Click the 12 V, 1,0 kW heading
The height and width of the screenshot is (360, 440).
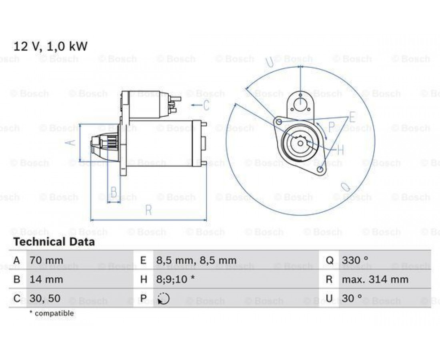click(50, 46)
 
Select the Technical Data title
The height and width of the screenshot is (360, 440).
click(54, 242)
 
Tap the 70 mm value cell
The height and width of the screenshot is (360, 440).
click(46, 260)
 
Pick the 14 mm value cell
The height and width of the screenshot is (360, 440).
click(46, 280)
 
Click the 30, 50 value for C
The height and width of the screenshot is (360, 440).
click(45, 298)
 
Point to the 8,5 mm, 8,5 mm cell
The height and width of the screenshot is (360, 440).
click(196, 260)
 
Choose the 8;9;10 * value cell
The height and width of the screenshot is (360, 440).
click(175, 280)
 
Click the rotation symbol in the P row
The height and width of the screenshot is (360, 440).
click(164, 298)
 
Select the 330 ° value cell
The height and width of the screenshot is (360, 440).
click(355, 260)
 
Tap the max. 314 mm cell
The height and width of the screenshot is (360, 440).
click(375, 280)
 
